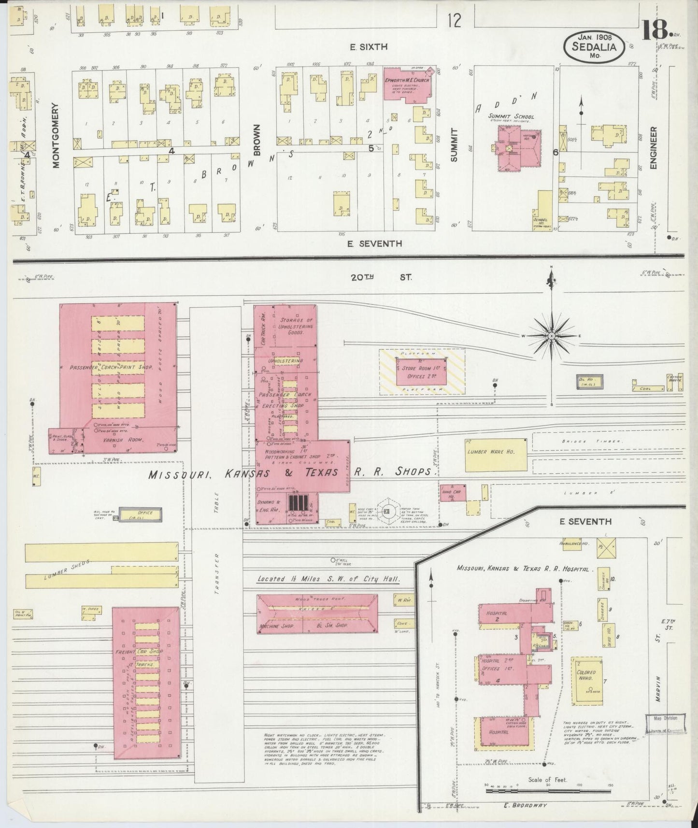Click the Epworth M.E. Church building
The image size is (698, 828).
coord(405,85)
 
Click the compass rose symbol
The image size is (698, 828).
coord(551,335)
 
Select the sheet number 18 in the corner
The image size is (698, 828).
coord(656,30)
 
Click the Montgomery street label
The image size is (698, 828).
coord(56,135)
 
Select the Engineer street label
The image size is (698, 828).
coord(654,148)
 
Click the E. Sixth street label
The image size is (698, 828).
coord(369,47)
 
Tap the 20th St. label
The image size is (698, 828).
coord(381,277)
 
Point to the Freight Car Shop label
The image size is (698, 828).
coord(140,651)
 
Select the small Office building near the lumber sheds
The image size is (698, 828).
coord(140,515)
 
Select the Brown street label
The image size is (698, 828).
coord(257,140)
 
